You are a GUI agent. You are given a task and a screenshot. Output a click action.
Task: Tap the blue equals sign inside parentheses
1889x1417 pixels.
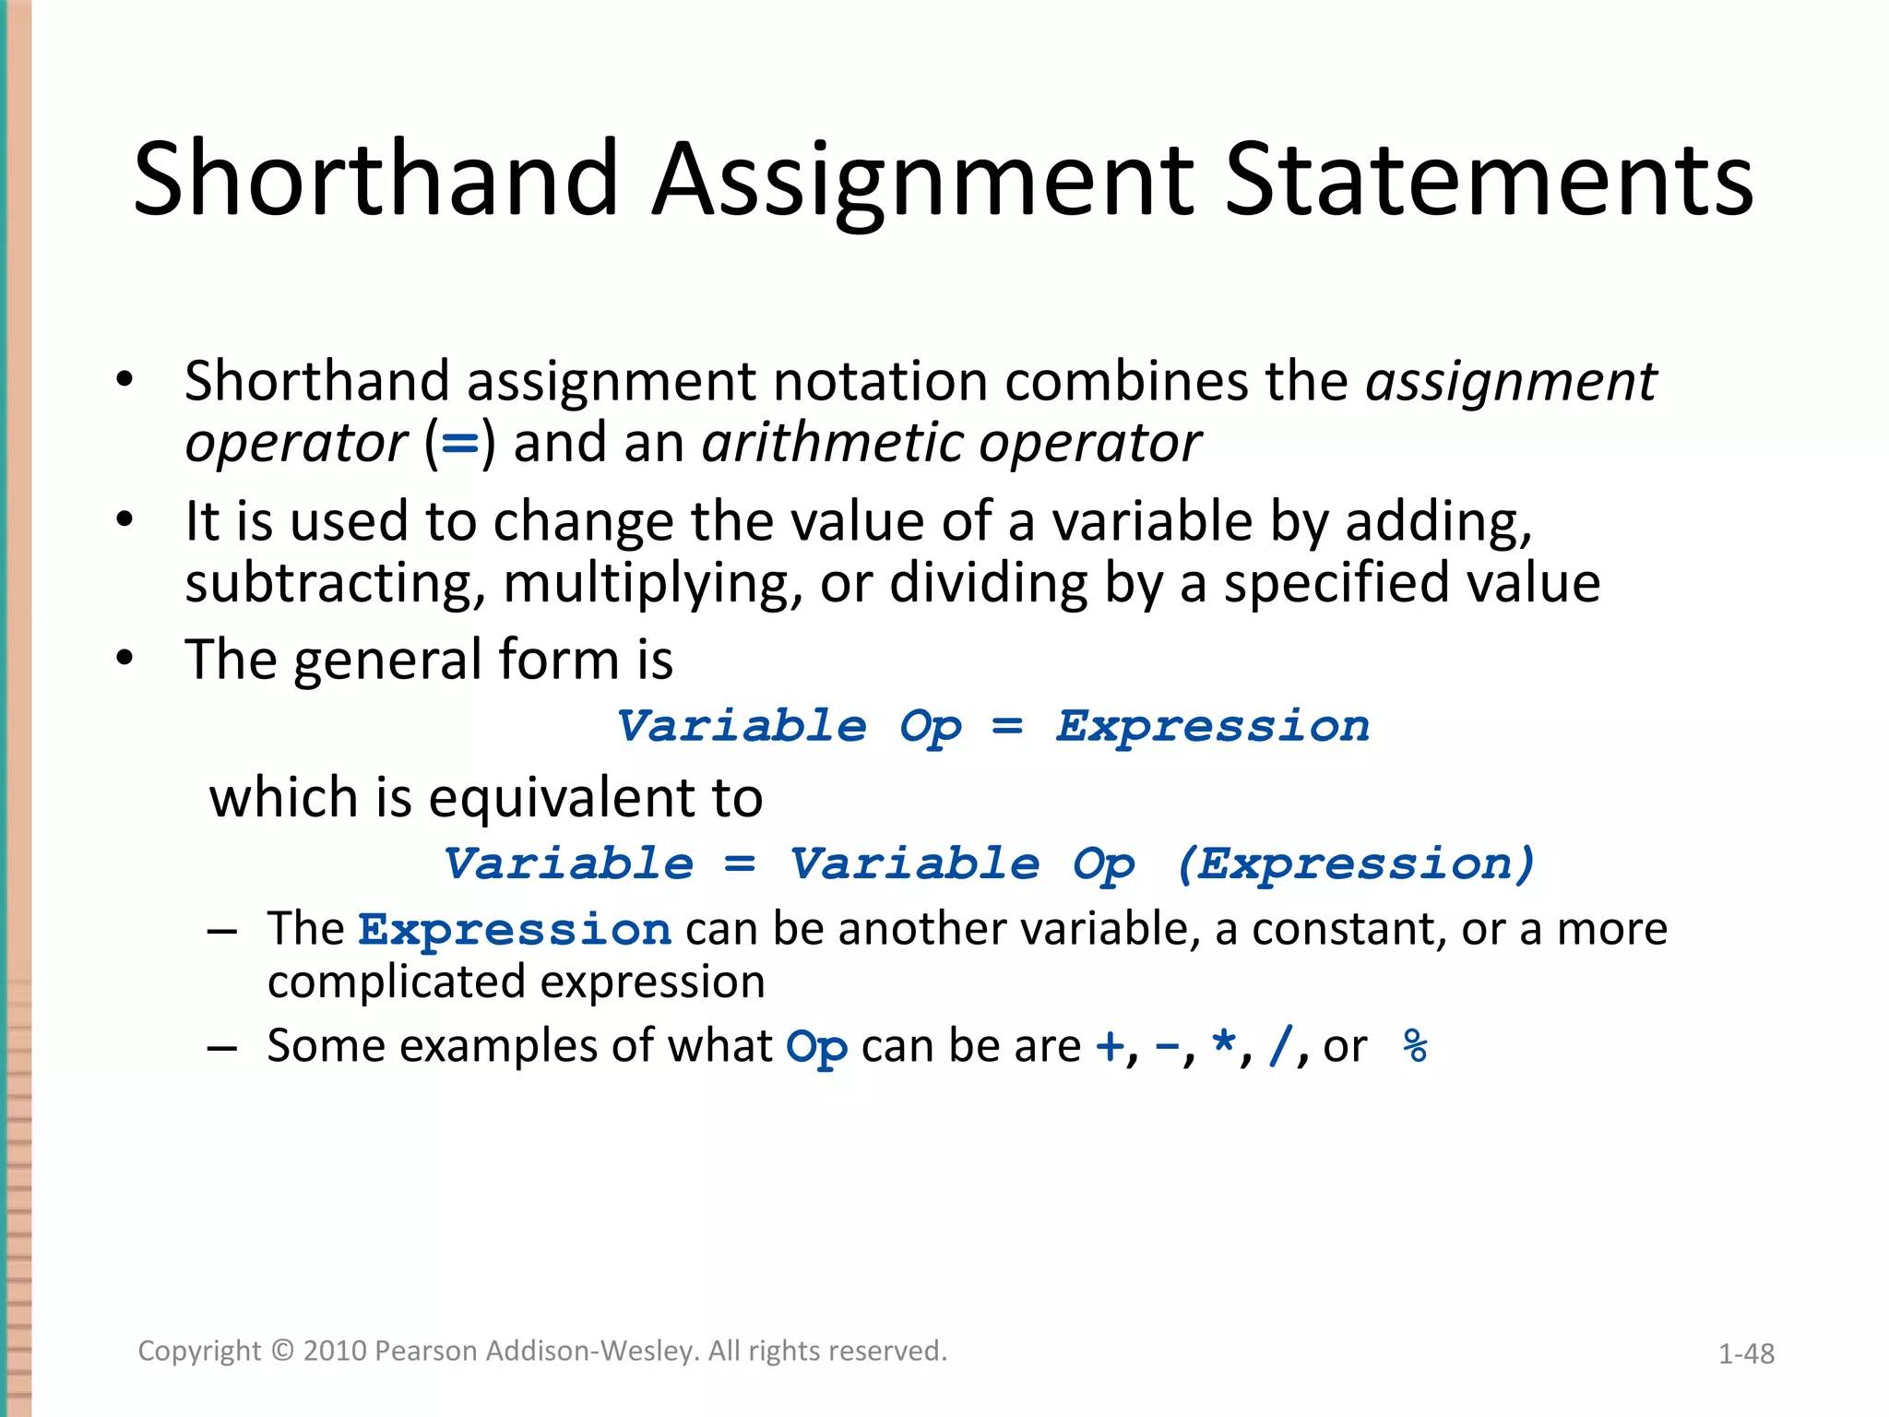click(x=460, y=444)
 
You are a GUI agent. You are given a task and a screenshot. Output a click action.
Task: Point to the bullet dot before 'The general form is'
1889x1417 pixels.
click(x=125, y=659)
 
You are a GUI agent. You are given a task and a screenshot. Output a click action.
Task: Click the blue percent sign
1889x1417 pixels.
click(x=1415, y=1046)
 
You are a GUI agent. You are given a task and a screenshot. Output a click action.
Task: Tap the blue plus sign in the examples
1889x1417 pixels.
click(x=1110, y=1046)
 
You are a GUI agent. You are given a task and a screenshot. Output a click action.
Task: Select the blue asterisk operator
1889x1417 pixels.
click(x=1223, y=1044)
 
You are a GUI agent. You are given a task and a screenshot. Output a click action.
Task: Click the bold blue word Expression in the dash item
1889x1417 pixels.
click(x=515, y=929)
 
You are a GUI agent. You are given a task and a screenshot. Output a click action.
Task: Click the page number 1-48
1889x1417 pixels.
click(x=1746, y=1353)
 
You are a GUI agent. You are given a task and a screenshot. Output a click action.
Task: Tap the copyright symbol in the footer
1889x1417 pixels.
click(x=282, y=1351)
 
